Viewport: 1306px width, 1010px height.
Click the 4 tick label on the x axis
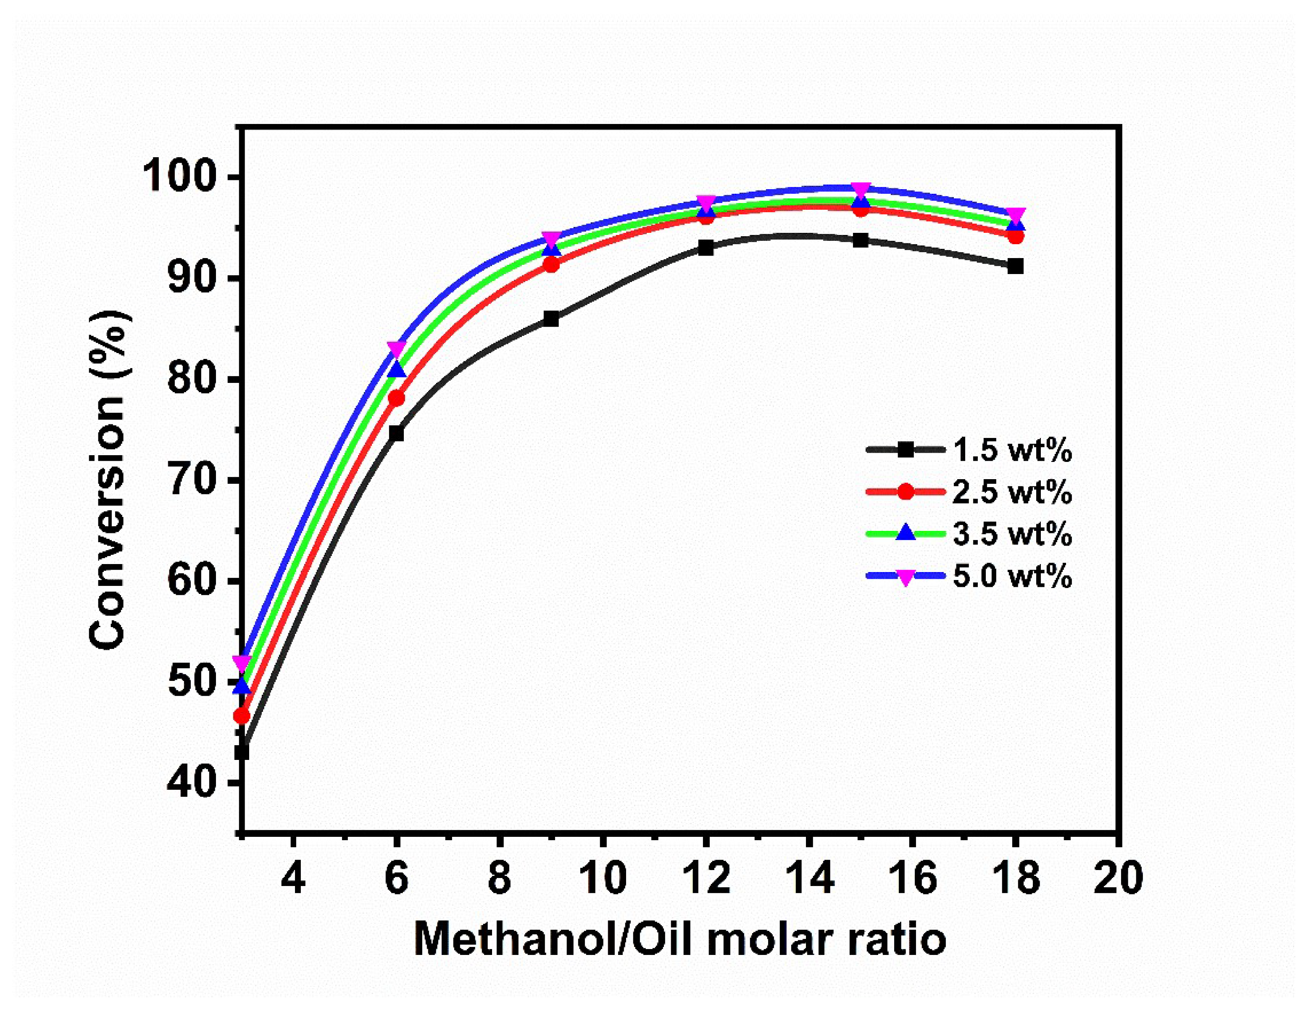(x=293, y=878)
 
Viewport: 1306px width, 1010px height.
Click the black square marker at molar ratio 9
(x=551, y=319)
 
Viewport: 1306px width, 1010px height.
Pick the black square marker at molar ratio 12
(x=706, y=248)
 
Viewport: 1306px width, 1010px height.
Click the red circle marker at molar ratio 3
(x=242, y=716)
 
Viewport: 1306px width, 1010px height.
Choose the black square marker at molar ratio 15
(x=861, y=240)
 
